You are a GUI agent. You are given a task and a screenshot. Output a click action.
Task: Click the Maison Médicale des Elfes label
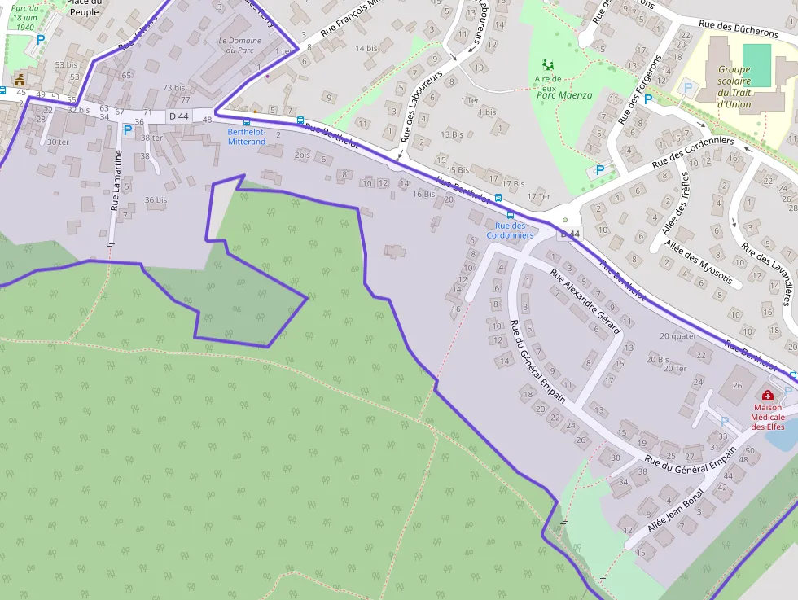(767, 417)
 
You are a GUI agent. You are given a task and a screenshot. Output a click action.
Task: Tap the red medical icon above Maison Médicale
(767, 396)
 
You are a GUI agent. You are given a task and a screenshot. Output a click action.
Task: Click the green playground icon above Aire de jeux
(549, 64)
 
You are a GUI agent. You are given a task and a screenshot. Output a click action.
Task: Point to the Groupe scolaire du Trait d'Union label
(734, 86)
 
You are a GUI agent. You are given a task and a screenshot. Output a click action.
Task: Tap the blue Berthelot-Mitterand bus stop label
(246, 137)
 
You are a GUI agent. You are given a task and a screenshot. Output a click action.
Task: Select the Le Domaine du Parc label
(239, 46)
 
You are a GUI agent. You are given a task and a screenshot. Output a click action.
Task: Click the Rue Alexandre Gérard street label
(585, 301)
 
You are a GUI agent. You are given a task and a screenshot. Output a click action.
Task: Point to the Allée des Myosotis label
(698, 262)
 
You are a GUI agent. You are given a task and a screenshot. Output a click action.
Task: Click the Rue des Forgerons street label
(639, 90)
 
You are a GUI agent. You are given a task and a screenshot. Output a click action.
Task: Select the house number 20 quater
(677, 336)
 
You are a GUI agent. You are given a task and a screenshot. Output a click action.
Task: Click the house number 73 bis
(173, 88)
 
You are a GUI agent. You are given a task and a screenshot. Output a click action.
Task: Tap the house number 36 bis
(156, 199)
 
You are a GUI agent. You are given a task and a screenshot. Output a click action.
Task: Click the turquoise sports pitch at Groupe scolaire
(756, 65)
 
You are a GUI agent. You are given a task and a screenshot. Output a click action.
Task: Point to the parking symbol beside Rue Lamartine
(127, 129)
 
